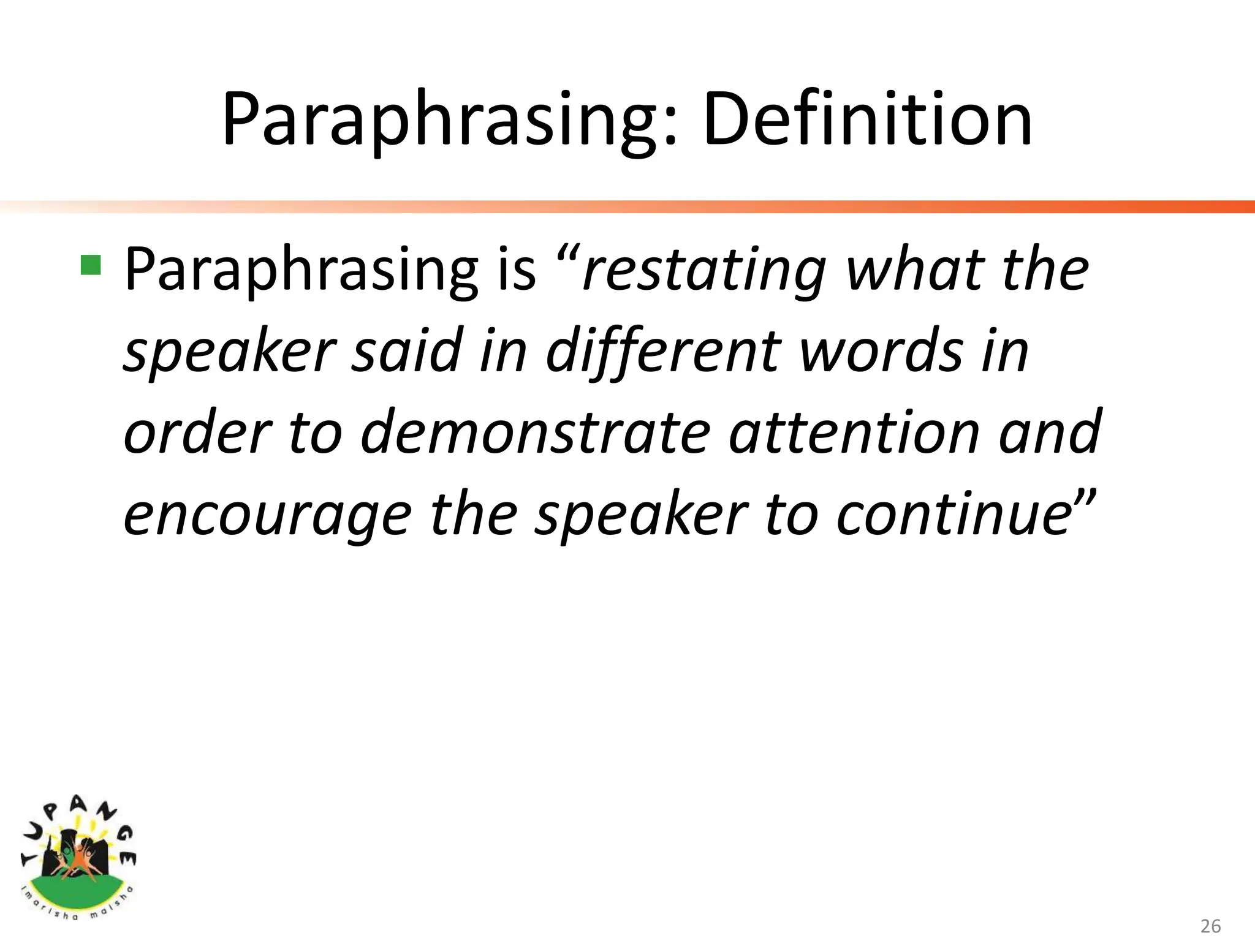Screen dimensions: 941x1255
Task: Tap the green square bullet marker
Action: point(91,265)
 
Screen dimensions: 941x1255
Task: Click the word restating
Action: point(704,270)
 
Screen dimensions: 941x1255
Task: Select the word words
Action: point(882,350)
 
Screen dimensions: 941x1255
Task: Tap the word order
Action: point(197,433)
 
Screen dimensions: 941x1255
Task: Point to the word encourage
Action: point(267,515)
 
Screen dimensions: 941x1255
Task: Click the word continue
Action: point(954,513)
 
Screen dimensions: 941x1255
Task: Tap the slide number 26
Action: point(1210,926)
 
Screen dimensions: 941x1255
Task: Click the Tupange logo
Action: point(78,858)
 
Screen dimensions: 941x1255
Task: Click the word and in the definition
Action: point(1050,433)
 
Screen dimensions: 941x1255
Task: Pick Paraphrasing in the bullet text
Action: point(300,270)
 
